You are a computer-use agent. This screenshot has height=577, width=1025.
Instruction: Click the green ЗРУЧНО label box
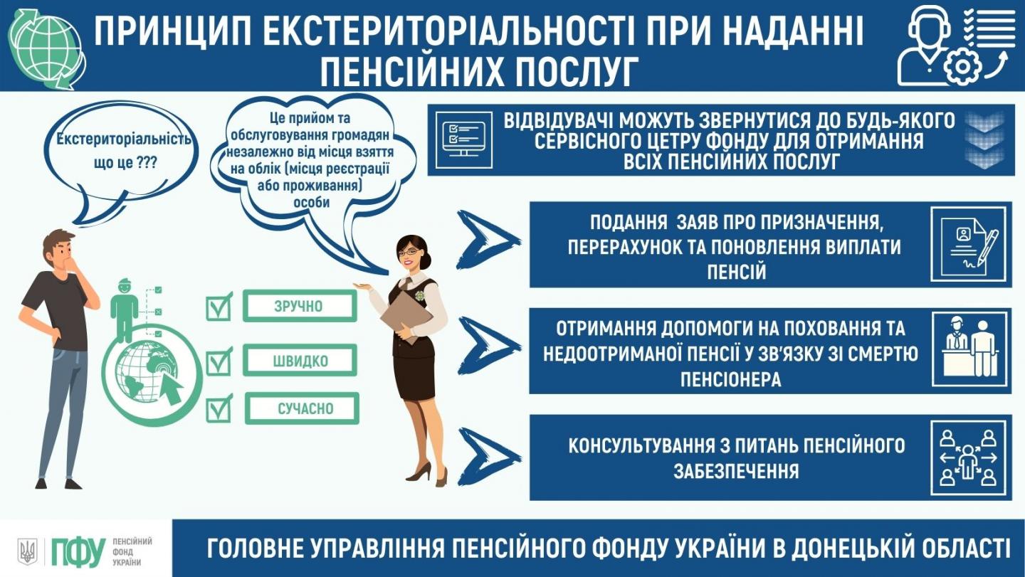pos(300,305)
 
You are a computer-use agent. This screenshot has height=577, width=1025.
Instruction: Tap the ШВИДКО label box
pos(300,360)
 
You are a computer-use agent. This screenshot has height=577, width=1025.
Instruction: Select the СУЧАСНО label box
pos(302,408)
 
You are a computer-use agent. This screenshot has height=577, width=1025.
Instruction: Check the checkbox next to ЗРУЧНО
pos(219,307)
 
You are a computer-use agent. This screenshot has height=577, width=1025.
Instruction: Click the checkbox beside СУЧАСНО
pos(219,409)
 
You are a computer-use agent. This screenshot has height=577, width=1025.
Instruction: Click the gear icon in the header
pos(962,67)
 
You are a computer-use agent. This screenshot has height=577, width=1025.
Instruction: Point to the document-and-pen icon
pos(968,245)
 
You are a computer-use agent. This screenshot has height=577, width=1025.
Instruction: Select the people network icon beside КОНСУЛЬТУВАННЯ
pos(968,457)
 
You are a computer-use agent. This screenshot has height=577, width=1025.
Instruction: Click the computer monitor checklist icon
pos(463,139)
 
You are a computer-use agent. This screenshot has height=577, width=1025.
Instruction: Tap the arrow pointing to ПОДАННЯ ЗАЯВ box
pos(487,240)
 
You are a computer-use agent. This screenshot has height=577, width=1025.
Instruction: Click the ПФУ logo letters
pos(78,551)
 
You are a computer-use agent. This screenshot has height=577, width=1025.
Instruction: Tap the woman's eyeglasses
pos(409,252)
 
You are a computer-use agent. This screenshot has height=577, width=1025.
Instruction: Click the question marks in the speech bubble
pos(146,162)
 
